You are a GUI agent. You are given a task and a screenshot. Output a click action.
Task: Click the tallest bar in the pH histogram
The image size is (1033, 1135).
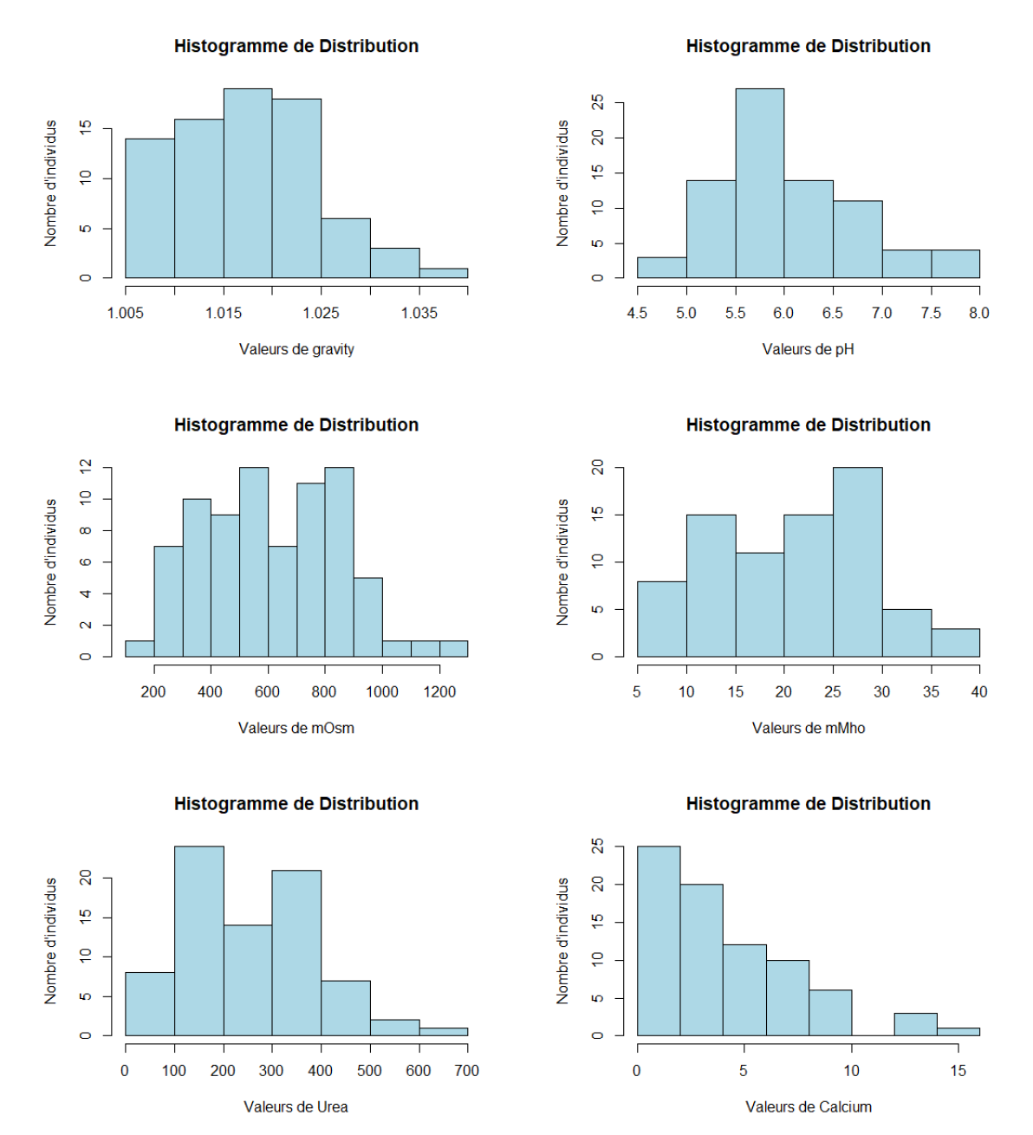(760, 184)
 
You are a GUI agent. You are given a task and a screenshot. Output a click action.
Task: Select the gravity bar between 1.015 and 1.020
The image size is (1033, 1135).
(248, 184)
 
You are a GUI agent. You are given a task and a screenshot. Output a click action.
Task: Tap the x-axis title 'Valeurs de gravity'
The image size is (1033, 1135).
(296, 349)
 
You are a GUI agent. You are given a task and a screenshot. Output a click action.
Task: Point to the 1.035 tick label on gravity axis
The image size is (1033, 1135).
(419, 313)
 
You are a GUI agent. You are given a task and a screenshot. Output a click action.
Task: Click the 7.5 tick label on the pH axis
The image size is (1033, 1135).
(931, 313)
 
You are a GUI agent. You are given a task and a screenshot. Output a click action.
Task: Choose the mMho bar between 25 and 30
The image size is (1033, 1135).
(858, 562)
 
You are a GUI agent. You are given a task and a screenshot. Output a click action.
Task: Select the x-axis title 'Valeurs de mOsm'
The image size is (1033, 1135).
(296, 728)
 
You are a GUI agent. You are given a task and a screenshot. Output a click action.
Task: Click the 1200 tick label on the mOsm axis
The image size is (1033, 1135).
(439, 691)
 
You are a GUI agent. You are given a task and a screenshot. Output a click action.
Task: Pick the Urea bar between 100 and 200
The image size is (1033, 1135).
(199, 941)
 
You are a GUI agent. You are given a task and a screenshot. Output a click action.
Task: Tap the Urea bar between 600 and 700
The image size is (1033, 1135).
(444, 1031)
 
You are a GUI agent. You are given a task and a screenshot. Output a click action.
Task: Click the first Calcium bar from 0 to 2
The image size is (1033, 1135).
(659, 941)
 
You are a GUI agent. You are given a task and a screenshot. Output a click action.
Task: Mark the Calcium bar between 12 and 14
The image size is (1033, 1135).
(916, 1024)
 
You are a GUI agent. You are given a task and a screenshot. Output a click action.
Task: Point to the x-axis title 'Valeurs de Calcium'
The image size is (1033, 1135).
(809, 1106)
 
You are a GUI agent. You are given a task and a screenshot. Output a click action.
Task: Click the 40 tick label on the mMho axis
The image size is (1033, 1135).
(979, 691)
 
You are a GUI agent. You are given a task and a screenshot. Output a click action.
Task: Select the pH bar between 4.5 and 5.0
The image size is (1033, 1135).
(662, 268)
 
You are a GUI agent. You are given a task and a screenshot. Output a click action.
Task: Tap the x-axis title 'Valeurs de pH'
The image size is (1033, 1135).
(809, 349)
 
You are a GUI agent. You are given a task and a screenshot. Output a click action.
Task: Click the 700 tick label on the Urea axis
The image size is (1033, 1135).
(467, 1070)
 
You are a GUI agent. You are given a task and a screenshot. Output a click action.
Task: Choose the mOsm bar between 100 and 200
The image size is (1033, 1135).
(140, 648)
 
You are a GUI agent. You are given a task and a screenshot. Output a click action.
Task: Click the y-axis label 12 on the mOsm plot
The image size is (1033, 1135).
(85, 467)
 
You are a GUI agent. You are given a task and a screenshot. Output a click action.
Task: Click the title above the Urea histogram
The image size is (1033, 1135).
(296, 804)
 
